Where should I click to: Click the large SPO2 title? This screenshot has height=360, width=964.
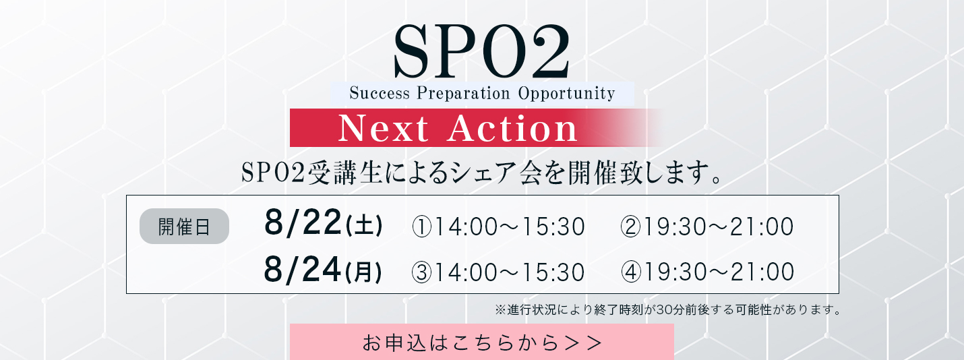(x=481, y=52)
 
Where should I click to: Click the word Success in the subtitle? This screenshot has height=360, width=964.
(x=380, y=94)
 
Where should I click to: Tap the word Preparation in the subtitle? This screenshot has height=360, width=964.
(x=463, y=94)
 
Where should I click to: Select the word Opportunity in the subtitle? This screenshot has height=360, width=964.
(x=567, y=94)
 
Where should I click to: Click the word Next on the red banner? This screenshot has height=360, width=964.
(x=384, y=128)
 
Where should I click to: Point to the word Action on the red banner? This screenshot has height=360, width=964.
(x=512, y=128)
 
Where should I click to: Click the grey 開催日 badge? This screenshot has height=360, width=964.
(x=184, y=227)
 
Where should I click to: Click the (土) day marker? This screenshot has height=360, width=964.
(x=363, y=225)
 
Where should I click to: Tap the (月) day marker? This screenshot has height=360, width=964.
(x=363, y=272)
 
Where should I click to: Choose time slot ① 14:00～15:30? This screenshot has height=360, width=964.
(x=498, y=227)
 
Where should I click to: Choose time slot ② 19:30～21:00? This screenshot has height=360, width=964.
(x=707, y=227)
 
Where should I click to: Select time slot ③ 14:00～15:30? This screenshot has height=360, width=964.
(x=498, y=272)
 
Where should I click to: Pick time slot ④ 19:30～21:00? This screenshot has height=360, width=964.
(x=707, y=272)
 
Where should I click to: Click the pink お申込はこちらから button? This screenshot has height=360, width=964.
(x=482, y=342)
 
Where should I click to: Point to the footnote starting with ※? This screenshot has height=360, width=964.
(x=667, y=310)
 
